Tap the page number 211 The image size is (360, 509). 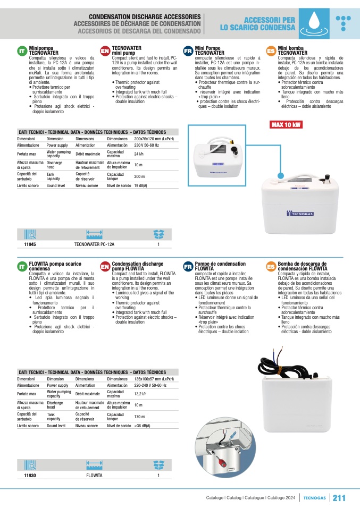339,497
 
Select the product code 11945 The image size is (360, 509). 30,244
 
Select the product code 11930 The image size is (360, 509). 30,476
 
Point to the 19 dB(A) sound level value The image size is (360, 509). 141,185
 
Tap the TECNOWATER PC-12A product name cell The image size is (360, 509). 94,244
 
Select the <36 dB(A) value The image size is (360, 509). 143,426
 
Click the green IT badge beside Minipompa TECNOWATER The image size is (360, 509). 22,51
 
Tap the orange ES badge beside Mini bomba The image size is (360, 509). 271,51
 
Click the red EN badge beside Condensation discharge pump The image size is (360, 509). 105,266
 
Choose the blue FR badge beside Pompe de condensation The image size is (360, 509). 188,266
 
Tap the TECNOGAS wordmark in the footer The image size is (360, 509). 315,498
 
